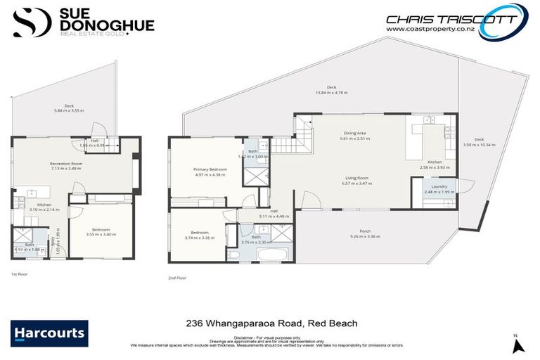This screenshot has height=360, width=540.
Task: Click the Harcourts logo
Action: point(49,333)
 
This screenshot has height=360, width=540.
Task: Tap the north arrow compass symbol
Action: point(518,345)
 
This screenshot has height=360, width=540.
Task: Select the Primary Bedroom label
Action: point(210,172)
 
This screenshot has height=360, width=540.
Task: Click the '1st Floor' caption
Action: point(19,273)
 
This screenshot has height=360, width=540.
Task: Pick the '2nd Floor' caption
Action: point(176,278)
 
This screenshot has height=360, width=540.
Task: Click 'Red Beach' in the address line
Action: point(333,323)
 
